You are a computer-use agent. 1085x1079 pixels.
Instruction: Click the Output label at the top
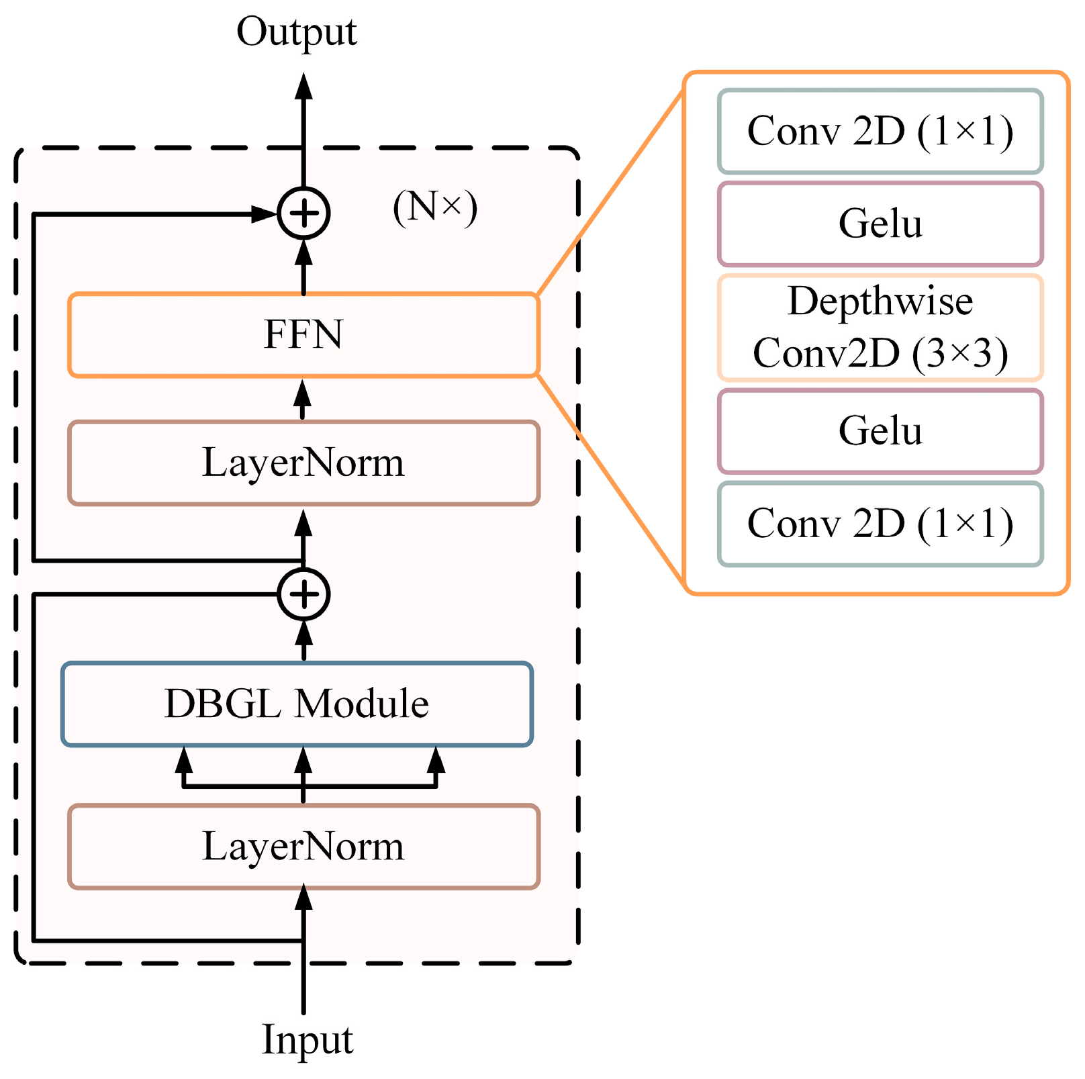point(296,32)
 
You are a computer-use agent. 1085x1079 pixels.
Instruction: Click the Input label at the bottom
point(307,1040)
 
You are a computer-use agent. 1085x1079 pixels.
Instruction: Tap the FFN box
point(303,334)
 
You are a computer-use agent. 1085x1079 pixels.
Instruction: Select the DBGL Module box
point(297,704)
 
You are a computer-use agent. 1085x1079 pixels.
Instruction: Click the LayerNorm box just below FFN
point(303,463)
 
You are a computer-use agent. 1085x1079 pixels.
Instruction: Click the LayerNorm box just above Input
point(303,846)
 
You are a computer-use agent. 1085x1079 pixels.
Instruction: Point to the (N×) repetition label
point(435,207)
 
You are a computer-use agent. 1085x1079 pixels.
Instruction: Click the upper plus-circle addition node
point(303,214)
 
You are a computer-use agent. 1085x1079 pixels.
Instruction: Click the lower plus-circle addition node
point(303,594)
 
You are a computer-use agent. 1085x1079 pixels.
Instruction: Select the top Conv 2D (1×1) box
point(880,131)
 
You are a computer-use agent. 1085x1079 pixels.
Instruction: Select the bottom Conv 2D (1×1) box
point(880,524)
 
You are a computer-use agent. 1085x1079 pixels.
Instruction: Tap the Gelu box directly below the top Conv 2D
point(880,224)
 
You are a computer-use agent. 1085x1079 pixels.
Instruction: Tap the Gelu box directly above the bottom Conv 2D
point(880,431)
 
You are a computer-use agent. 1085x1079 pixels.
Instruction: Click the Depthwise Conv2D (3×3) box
point(880,328)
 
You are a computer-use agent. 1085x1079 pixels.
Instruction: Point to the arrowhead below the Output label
point(303,87)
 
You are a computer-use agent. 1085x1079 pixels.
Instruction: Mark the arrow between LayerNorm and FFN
point(303,399)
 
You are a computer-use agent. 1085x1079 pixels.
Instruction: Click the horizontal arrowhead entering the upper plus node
point(264,214)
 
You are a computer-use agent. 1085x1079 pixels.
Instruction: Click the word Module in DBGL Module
point(362,704)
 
